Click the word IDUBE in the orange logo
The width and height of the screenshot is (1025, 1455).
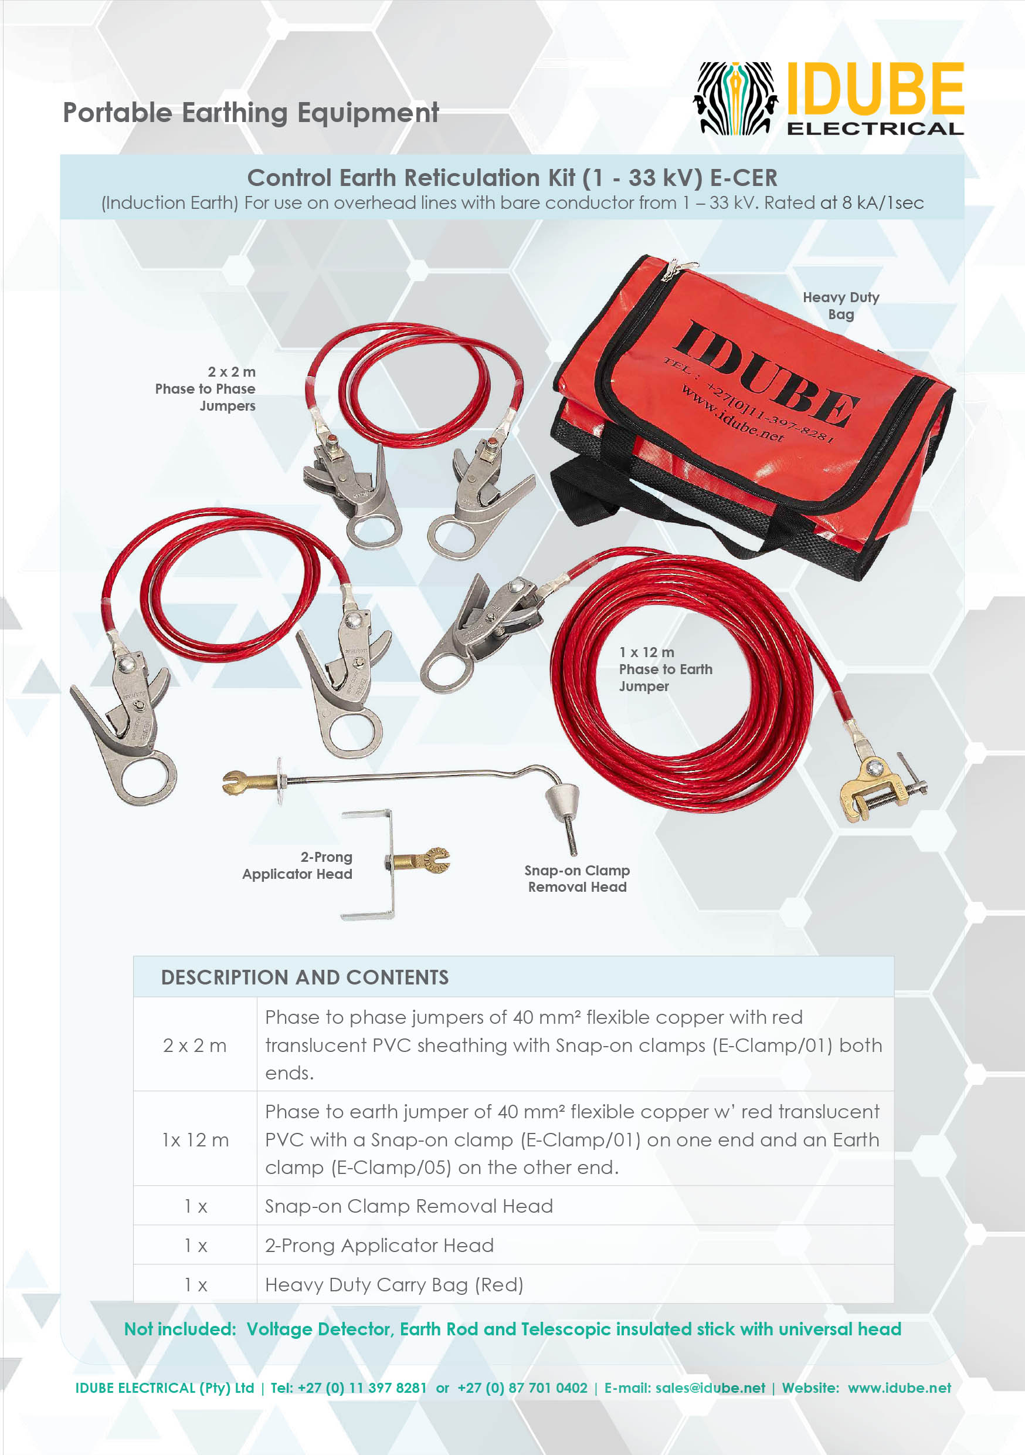click(875, 89)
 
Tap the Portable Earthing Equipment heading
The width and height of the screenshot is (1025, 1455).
click(250, 113)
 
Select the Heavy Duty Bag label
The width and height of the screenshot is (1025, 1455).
click(841, 306)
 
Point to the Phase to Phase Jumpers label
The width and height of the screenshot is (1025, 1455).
click(206, 388)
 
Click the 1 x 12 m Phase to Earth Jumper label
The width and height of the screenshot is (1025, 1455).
click(664, 669)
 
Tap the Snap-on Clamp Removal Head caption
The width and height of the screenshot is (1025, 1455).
click(577, 878)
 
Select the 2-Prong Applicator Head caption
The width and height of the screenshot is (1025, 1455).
click(298, 865)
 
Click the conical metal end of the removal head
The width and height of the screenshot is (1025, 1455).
click(562, 801)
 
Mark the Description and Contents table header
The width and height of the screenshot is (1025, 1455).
click(305, 977)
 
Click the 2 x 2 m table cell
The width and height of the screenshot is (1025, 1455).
click(195, 1045)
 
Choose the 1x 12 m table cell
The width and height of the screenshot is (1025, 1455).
click(195, 1139)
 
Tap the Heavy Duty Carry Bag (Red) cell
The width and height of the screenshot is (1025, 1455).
click(393, 1284)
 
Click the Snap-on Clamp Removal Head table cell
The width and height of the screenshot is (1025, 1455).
click(409, 1206)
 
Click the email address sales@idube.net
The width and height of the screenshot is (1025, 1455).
click(710, 1388)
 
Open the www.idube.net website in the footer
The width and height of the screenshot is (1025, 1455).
click(899, 1388)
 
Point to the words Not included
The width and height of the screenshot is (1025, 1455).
click(180, 1329)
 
